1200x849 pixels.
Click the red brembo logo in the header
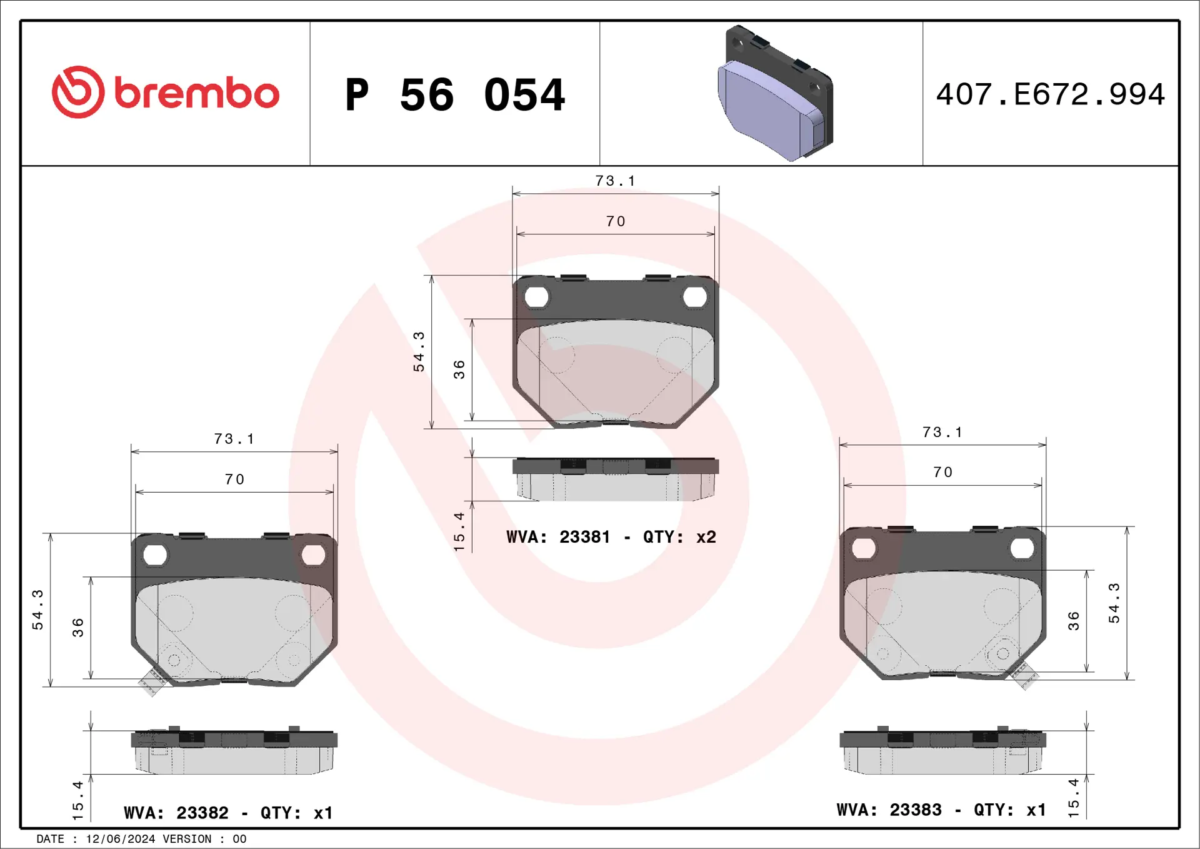(x=165, y=93)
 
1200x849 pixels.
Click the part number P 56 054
(x=455, y=95)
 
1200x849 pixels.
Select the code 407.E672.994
(x=1050, y=94)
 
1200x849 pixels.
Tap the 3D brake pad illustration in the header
(x=775, y=94)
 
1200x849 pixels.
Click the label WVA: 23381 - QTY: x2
(x=611, y=537)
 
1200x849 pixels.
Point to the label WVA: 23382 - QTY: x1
(x=228, y=813)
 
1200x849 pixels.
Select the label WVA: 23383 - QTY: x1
(x=941, y=810)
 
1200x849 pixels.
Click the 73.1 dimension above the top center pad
(x=615, y=181)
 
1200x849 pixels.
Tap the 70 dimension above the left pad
(x=234, y=480)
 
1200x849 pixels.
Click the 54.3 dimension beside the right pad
(x=1114, y=603)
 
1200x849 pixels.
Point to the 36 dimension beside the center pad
(x=459, y=369)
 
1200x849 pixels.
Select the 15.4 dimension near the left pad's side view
(x=77, y=800)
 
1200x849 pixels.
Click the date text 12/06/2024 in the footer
(x=120, y=839)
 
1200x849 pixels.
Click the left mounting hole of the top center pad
(x=536, y=297)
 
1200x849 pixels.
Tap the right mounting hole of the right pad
(x=1022, y=548)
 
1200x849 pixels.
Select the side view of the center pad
(x=615, y=480)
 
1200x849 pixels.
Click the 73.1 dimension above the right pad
(x=942, y=432)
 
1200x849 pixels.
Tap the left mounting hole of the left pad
(x=155, y=555)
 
